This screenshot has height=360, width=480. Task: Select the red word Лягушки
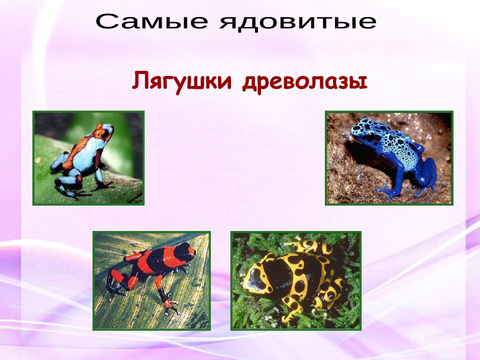(182, 81)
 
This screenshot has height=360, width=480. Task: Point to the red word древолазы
(305, 81)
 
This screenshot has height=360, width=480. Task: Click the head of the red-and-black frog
(185, 252)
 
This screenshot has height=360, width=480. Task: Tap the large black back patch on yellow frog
(285, 272)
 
